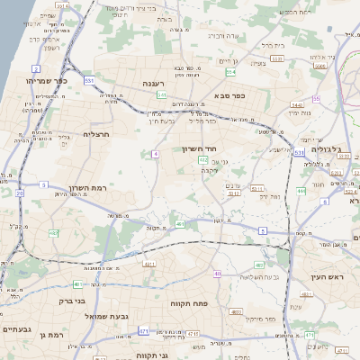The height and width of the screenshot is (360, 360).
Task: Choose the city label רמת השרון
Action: coord(87,190)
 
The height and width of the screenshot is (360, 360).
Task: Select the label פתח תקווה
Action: coord(191,304)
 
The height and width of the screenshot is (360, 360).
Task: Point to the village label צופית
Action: coord(259,63)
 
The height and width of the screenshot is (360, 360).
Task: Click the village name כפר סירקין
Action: coord(262,320)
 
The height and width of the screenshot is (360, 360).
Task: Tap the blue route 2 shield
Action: coord(36,68)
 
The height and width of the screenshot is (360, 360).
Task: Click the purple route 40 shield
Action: coord(217,274)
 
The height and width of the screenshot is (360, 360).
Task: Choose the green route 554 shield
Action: coord(231,72)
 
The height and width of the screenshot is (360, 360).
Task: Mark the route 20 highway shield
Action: coord(20,193)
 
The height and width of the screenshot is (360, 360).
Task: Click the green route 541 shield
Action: coord(161,94)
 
